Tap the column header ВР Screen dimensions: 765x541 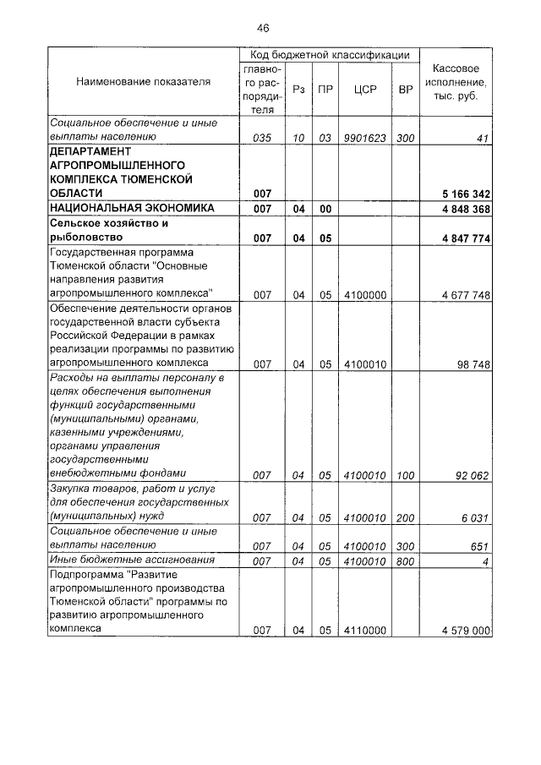click(x=405, y=88)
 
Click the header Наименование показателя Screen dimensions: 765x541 click(x=144, y=82)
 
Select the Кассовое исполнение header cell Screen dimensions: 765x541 click(x=456, y=82)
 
